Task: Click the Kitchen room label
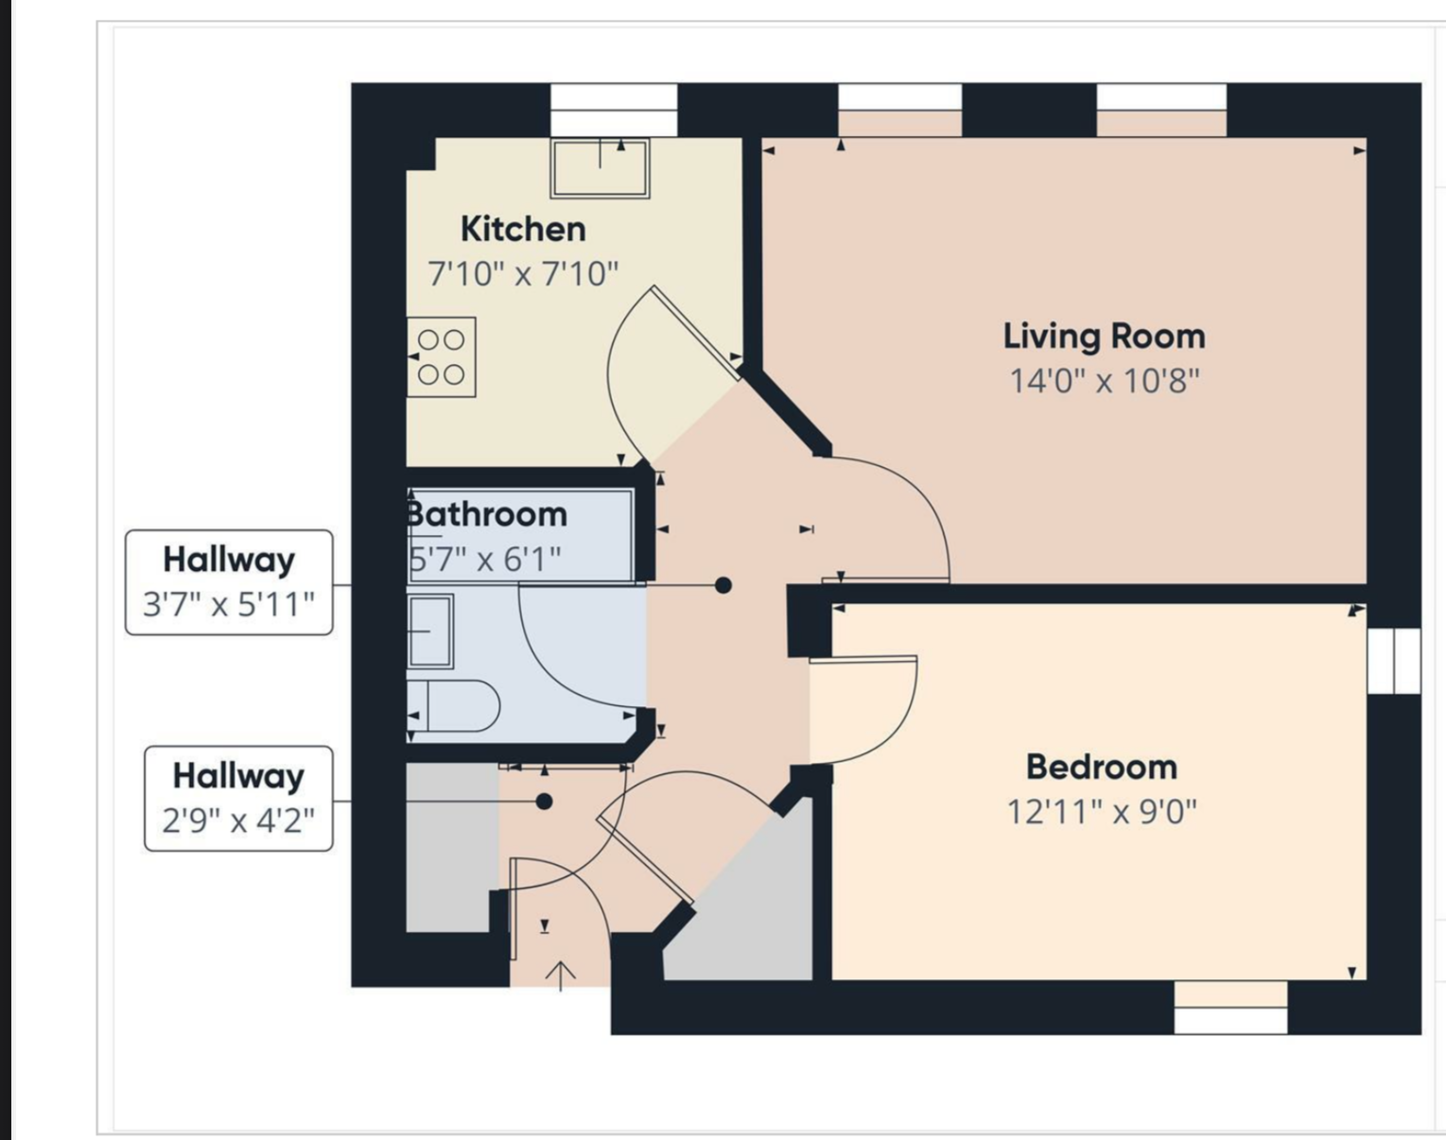(x=523, y=230)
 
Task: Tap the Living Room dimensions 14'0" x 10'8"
(x=1104, y=382)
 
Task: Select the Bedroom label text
(x=1102, y=768)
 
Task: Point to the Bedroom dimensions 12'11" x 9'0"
(x=1102, y=812)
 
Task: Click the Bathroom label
(x=487, y=515)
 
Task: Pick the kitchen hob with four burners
(x=442, y=357)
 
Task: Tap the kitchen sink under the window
(x=600, y=168)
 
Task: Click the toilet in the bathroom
(x=454, y=706)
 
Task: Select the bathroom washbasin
(x=430, y=631)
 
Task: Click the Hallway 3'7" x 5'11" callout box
(x=229, y=582)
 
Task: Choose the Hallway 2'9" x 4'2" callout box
(x=238, y=799)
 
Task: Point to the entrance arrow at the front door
(x=561, y=976)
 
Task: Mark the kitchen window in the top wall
(x=614, y=110)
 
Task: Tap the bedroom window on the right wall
(x=1394, y=661)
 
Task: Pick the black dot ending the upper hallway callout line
(x=723, y=585)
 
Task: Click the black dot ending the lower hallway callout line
(x=545, y=802)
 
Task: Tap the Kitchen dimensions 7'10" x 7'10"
(x=523, y=274)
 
